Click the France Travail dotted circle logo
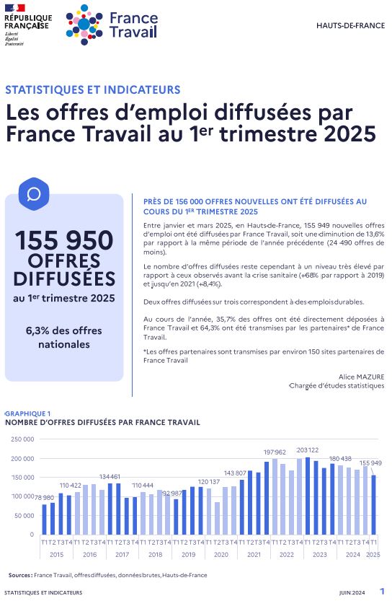click(84, 25)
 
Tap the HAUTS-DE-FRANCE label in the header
click(350, 26)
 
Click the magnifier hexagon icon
click(34, 194)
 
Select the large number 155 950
click(64, 240)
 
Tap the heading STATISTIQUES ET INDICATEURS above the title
click(93, 89)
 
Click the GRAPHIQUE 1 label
click(27, 413)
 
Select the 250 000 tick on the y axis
click(22, 439)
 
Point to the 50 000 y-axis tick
click(24, 516)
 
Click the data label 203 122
click(308, 450)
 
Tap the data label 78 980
click(45, 498)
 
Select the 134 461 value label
click(110, 477)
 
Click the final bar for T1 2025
click(373, 505)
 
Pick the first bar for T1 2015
click(44, 519)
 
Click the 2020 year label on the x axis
click(221, 554)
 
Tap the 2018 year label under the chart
click(156, 554)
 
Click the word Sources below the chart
click(20, 575)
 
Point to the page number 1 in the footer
click(382, 591)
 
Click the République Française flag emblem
click(15, 8)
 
